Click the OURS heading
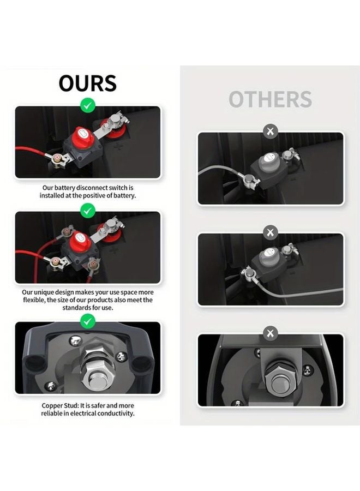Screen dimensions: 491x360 [87, 83]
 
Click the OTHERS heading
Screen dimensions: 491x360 [270, 100]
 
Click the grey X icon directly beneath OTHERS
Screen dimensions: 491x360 [270, 131]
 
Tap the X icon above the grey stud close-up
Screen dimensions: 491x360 [270, 333]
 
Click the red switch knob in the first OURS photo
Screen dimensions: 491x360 [81, 134]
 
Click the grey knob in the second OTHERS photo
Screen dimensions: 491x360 [269, 253]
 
